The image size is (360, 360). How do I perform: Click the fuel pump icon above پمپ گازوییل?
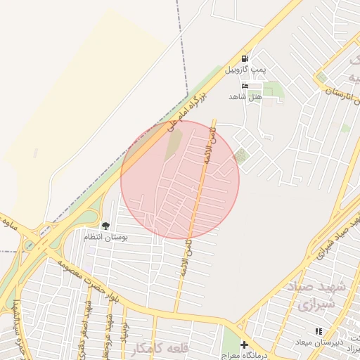click(x=245, y=59)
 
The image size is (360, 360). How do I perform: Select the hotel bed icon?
click(x=245, y=86)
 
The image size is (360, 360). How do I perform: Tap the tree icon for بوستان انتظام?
click(x=105, y=226)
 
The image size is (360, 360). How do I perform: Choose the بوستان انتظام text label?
click(x=106, y=237)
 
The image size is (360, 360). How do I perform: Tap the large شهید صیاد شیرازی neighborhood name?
click(x=309, y=296)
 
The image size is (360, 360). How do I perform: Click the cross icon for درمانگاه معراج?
click(x=244, y=345)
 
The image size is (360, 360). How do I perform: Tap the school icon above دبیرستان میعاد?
click(x=318, y=331)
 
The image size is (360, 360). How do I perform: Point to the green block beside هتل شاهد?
click(x=274, y=90)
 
